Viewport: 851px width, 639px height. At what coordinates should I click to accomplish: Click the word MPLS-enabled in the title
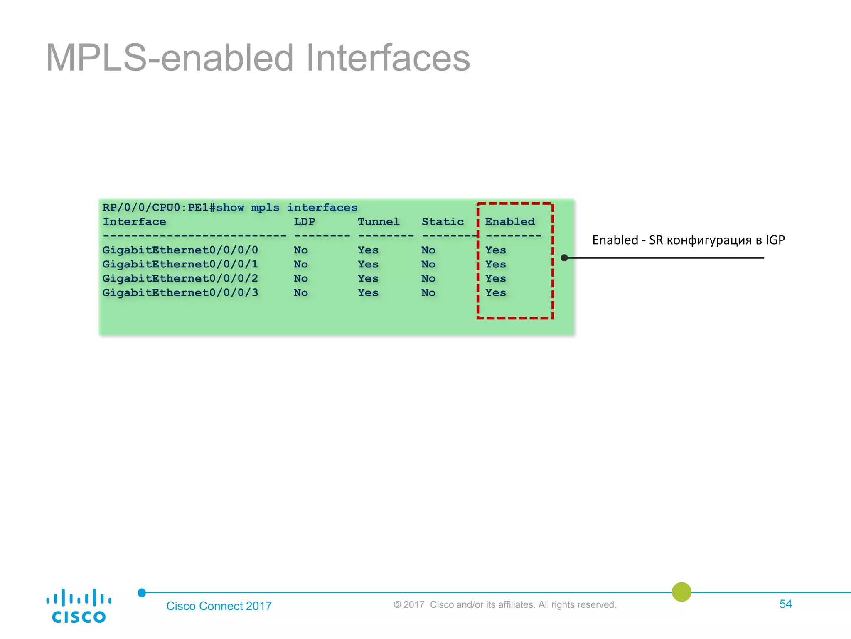[169, 58]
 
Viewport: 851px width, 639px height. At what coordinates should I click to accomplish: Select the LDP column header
[304, 222]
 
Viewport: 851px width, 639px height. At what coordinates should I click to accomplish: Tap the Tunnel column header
[379, 222]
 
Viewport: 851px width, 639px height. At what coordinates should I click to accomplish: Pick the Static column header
[443, 222]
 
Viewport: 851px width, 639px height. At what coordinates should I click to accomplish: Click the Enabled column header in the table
[510, 222]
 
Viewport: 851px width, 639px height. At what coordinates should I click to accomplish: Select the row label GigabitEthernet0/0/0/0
[180, 250]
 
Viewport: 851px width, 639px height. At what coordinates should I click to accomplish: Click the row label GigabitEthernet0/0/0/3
[180, 293]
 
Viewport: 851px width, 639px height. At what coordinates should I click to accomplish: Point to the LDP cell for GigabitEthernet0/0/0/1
[301, 265]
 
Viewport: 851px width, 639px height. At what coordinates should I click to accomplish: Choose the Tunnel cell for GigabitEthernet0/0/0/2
[368, 279]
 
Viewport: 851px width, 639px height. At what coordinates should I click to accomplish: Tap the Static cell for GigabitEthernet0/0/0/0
[428, 250]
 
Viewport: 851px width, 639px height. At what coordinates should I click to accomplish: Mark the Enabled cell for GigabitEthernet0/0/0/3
[496, 293]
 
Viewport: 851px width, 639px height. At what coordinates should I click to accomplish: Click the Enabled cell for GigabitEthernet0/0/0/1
[496, 265]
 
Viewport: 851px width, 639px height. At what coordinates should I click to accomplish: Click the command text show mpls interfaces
[287, 208]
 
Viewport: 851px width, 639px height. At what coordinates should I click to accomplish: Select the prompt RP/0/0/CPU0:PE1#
[159, 208]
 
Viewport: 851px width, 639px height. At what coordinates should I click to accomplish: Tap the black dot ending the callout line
[564, 258]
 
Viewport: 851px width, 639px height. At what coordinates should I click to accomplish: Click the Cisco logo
[79, 606]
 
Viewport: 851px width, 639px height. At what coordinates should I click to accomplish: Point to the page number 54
[785, 604]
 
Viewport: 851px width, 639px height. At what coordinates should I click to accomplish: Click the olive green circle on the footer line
[681, 592]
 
